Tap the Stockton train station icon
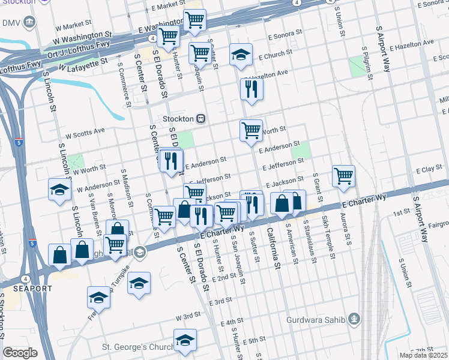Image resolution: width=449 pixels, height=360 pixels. [202, 119]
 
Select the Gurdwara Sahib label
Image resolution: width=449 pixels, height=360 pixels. [321, 319]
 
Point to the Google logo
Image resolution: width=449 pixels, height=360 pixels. [20, 352]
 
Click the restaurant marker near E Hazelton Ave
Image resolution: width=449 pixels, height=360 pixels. [252, 89]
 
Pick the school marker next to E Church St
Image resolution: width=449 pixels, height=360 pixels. [241, 55]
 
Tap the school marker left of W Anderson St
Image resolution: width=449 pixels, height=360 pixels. [60, 189]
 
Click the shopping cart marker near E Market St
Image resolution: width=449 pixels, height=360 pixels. [194, 20]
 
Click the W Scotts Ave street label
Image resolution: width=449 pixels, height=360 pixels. [85, 130]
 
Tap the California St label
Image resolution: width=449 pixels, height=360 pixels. [273, 248]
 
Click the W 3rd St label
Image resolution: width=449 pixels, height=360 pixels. [188, 316]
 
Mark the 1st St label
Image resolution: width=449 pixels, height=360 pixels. [400, 213]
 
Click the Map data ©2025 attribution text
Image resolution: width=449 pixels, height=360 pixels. [423, 355]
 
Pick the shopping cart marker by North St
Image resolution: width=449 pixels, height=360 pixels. [250, 130]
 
